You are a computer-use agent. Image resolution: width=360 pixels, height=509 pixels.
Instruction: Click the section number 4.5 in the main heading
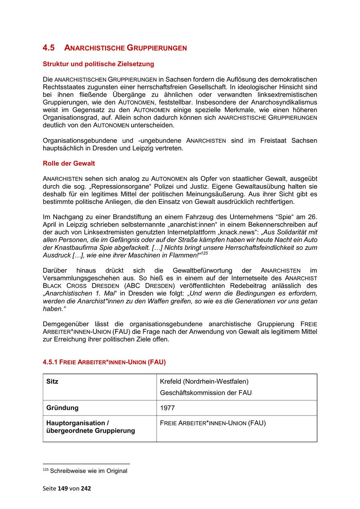[x=48, y=48]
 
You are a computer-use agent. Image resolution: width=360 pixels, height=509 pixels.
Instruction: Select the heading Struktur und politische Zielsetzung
[x=98, y=64]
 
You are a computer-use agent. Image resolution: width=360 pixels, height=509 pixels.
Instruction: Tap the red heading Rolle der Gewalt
[x=69, y=164]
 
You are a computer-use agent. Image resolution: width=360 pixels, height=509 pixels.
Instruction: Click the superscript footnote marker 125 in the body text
[x=204, y=253]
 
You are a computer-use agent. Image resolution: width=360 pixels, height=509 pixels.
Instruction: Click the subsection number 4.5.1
[x=50, y=362]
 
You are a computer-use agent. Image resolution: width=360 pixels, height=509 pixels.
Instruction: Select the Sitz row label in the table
[x=52, y=381]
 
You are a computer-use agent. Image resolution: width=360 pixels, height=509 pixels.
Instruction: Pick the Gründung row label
[x=62, y=408]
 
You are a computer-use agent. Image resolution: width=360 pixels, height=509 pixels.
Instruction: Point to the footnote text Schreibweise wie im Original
[x=88, y=471]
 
